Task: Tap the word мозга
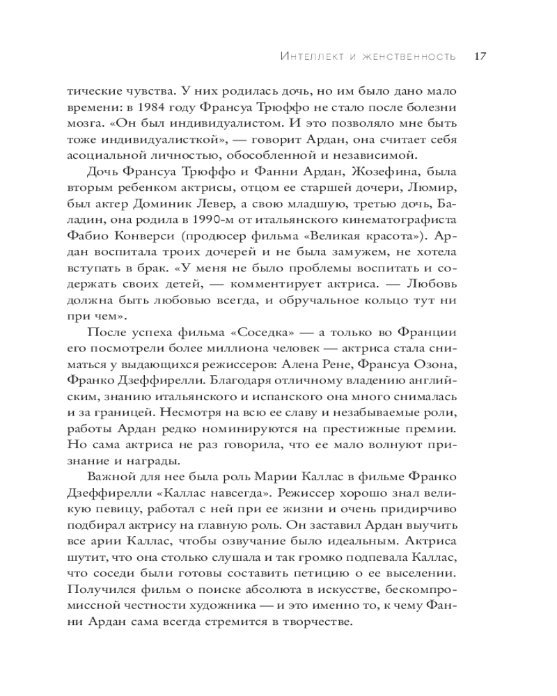click(86, 124)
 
